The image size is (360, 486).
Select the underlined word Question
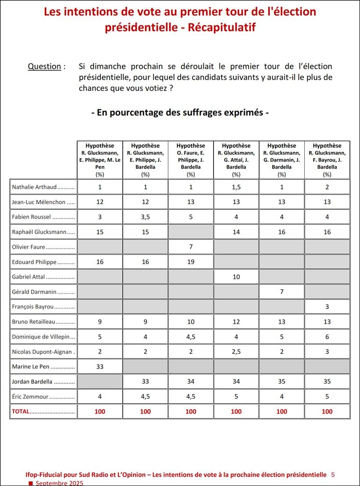44,67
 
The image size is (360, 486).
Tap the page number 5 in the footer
333,475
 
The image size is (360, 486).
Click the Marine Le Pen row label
31,366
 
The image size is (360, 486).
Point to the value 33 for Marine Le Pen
100,366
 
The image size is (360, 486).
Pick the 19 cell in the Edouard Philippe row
191,262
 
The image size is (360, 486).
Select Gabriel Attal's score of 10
236,277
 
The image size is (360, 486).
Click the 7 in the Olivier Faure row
191,247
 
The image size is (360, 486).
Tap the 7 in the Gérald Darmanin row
282,291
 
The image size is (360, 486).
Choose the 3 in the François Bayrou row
327,307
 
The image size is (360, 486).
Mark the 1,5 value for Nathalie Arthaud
236,187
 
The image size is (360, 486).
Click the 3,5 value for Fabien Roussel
146,217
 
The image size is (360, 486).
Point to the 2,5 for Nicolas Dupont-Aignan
236,351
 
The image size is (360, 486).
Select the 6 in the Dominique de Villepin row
327,337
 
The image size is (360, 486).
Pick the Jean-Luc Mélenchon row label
39,202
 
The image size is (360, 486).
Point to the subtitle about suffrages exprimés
180,113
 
